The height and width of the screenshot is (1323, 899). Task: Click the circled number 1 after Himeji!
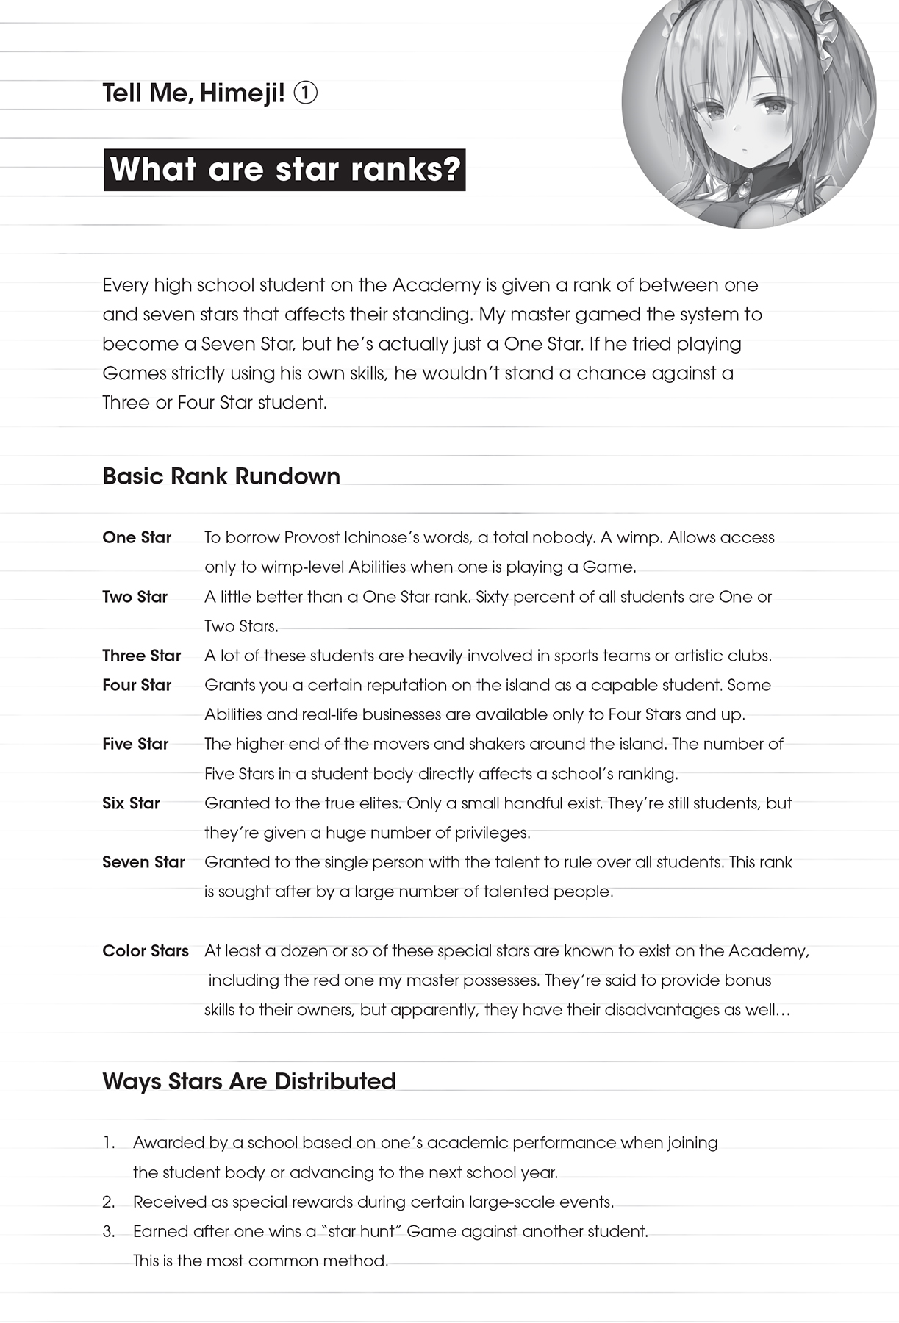point(305,93)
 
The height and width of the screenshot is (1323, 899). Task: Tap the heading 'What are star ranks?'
point(284,170)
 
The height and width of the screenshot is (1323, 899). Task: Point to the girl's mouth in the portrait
point(745,151)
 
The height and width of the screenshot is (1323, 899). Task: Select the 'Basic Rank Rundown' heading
point(221,476)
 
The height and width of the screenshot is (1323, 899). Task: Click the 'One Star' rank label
point(137,537)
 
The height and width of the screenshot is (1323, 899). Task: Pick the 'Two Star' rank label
point(135,597)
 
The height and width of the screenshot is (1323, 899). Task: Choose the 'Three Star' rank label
point(142,656)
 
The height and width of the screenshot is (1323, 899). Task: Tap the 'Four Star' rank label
point(137,685)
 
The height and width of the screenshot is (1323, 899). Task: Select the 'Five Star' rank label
point(136,744)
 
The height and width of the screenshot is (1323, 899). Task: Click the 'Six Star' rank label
point(131,803)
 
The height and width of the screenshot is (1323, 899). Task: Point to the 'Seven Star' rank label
point(144,862)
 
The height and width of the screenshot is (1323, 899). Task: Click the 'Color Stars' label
point(146,951)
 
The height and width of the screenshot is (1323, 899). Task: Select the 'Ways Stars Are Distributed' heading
point(249,1081)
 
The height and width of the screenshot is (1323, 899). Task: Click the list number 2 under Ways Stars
point(109,1202)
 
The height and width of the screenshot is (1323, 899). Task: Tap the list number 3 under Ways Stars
point(109,1232)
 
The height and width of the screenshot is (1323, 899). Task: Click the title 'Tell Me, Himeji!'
point(193,93)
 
